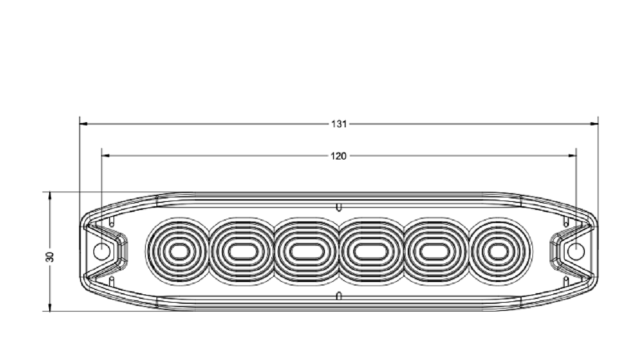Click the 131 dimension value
click(339, 124)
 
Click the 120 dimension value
click(339, 156)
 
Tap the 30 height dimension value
click(50, 256)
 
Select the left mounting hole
click(101, 252)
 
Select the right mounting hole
click(576, 252)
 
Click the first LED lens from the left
click(179, 252)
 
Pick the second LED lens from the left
click(242, 252)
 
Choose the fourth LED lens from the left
click(371, 252)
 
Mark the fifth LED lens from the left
click(435, 252)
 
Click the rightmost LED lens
click(499, 252)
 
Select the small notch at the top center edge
click(339, 207)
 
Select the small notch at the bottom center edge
click(339, 295)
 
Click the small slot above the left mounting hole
click(112, 223)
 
